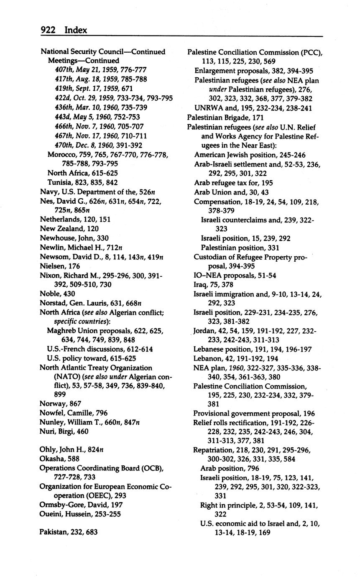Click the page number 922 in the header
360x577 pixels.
click(49, 30)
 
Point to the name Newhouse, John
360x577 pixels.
click(74, 238)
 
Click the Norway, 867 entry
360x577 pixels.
click(60, 403)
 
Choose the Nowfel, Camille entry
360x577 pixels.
click(73, 413)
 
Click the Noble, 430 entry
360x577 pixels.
click(57, 294)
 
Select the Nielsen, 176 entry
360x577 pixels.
click(59, 266)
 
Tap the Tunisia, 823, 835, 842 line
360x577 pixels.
click(82, 182)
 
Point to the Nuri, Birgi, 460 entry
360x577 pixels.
click(64, 431)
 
